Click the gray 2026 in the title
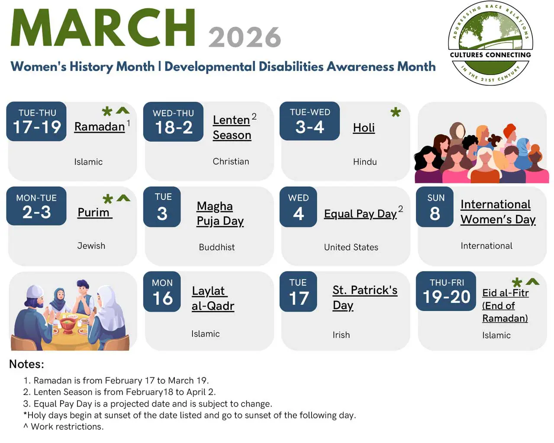pyautogui.click(x=245, y=37)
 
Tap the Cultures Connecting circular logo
pyautogui.click(x=490, y=43)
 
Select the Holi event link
pyautogui.click(x=364, y=128)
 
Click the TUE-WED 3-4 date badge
pyautogui.click(x=309, y=121)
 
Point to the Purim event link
pyautogui.click(x=95, y=213)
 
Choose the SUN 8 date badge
pyautogui.click(x=435, y=207)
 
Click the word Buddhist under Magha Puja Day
pyautogui.click(x=217, y=247)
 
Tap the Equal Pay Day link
pyautogui.click(x=361, y=214)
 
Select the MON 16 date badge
pyautogui.click(x=162, y=292)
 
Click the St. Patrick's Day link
pyautogui.click(x=365, y=297)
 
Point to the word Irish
pyautogui.click(x=341, y=335)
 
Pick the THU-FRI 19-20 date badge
pyautogui.click(x=446, y=291)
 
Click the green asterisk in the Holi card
pyautogui.click(x=396, y=112)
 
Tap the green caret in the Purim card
pyautogui.click(x=123, y=198)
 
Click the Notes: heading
pyautogui.click(x=26, y=364)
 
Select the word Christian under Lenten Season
pyautogui.click(x=231, y=161)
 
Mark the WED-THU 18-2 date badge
pyautogui.click(x=173, y=121)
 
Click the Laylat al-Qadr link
pyautogui.click(x=213, y=299)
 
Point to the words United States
pyautogui.click(x=351, y=247)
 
